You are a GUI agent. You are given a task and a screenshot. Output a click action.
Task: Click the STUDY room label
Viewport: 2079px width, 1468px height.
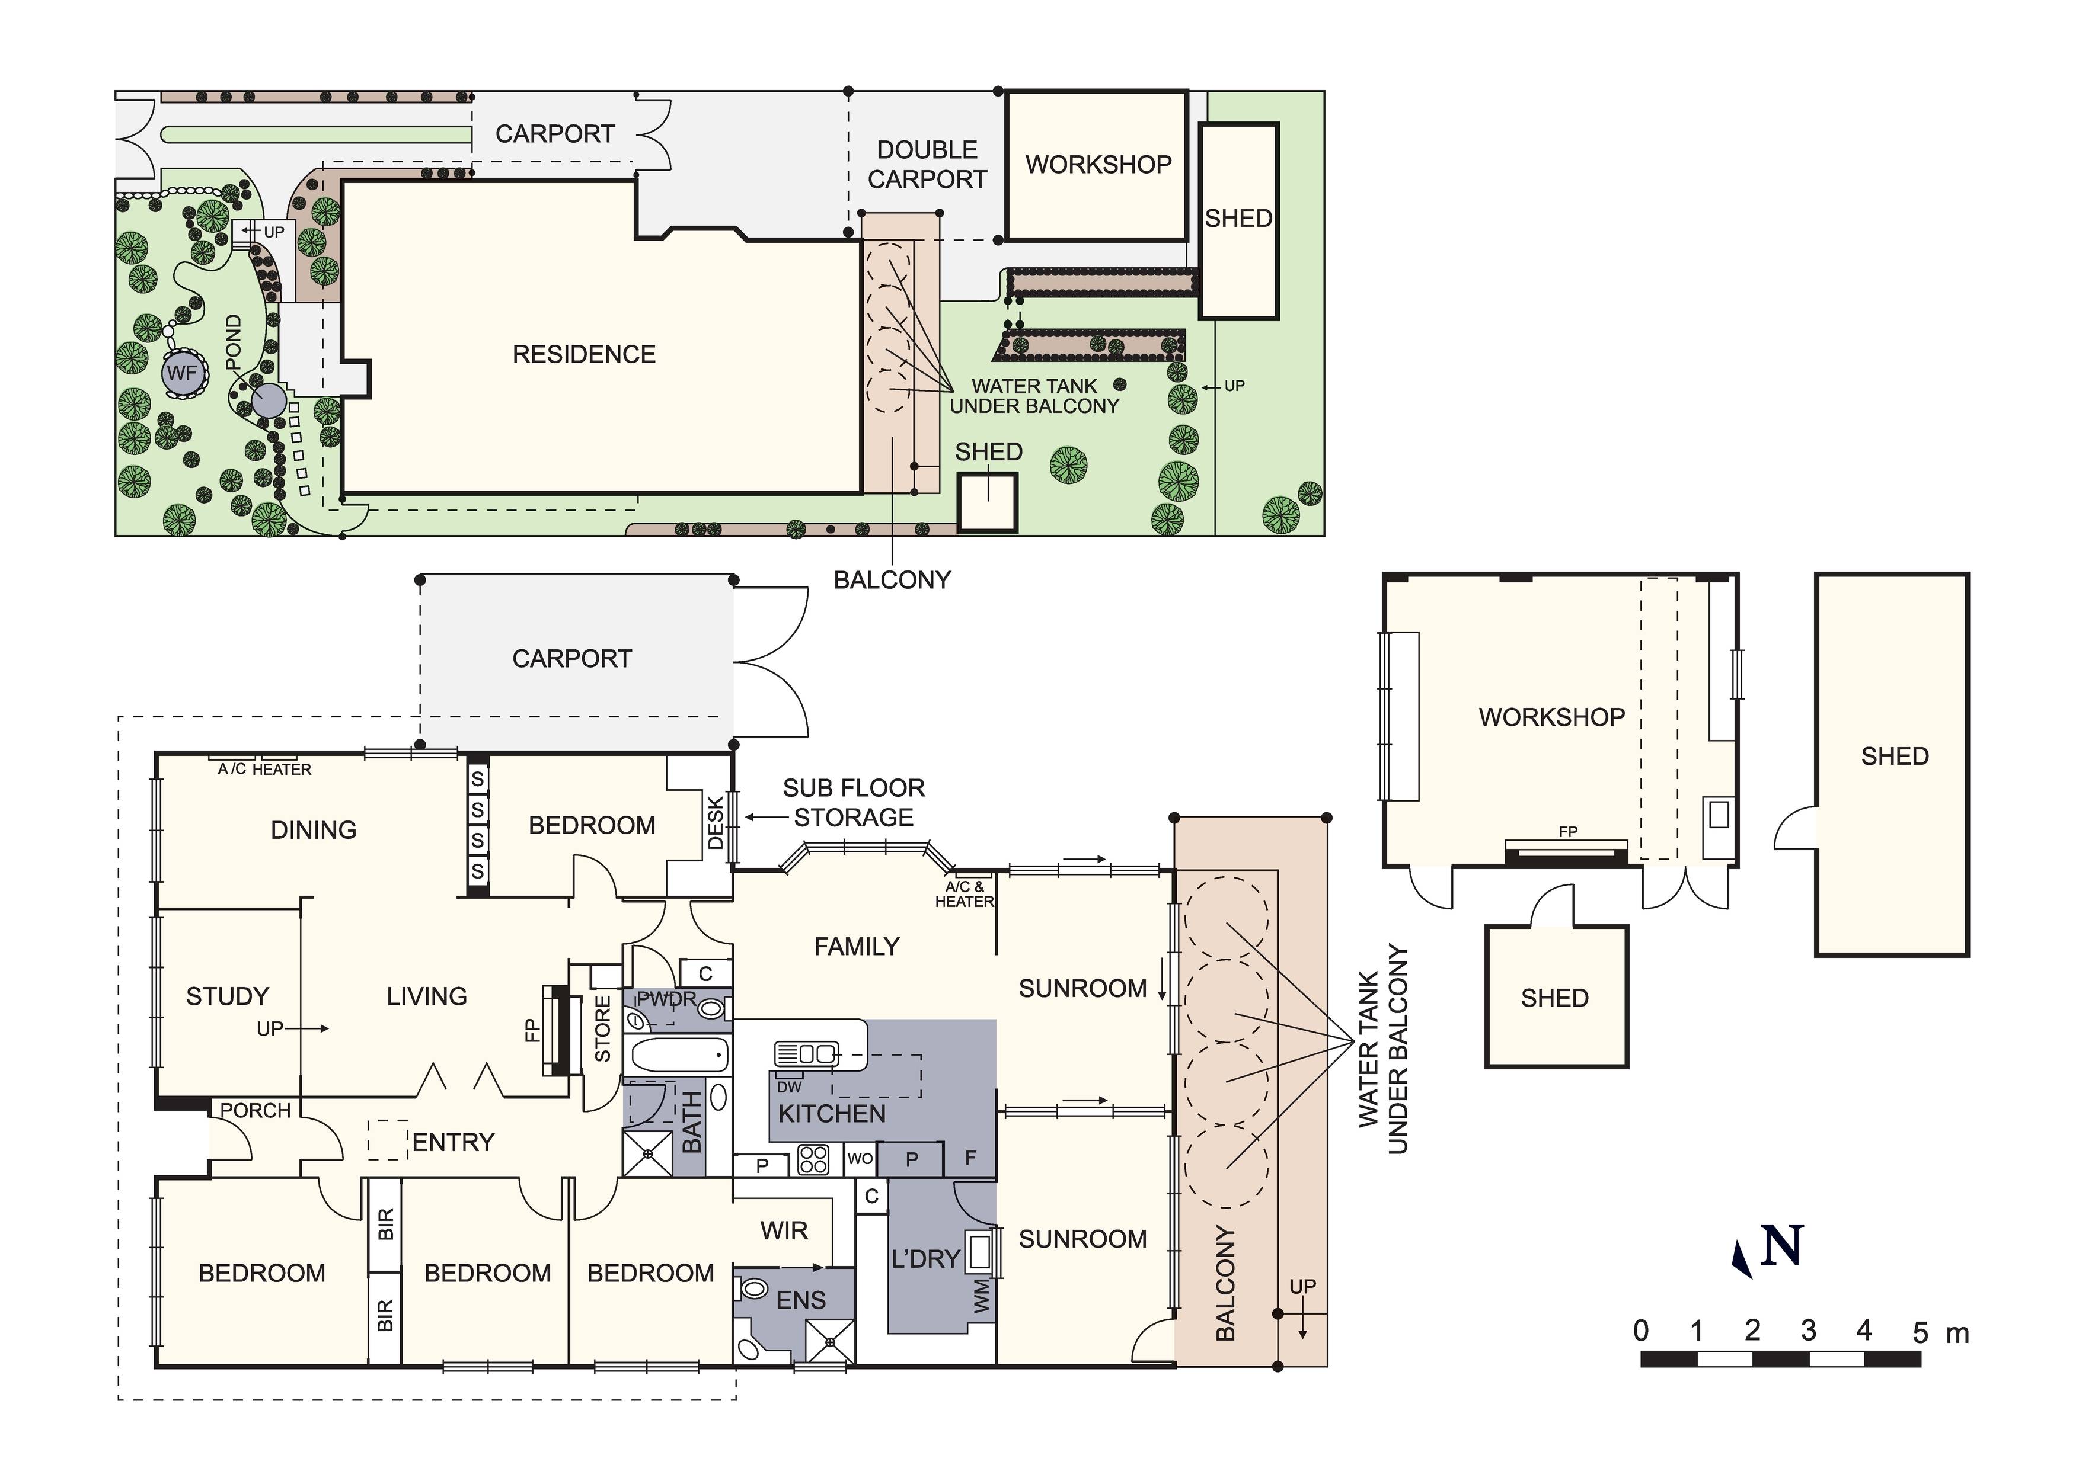click(227, 996)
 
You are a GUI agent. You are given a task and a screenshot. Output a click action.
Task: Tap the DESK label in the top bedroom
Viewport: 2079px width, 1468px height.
click(716, 823)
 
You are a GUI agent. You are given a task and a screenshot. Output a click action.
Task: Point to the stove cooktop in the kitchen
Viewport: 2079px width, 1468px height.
click(813, 1159)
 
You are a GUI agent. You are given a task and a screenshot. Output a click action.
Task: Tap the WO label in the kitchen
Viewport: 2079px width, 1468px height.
click(860, 1159)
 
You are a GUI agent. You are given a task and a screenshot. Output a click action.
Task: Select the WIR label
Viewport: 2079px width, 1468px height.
click(784, 1231)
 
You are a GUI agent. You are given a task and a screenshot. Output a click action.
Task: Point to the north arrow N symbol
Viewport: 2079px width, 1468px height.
click(1780, 1246)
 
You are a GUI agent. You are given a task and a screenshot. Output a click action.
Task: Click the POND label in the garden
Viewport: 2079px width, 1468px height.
click(234, 342)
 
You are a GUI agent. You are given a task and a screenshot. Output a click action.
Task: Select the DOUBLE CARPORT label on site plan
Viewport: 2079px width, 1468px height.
click(927, 165)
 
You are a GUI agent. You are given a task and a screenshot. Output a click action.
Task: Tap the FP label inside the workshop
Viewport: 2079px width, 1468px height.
click(1567, 831)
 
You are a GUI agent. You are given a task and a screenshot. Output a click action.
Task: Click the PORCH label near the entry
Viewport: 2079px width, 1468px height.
click(256, 1111)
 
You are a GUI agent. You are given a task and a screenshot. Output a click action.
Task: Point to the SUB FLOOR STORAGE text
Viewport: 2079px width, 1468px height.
click(853, 803)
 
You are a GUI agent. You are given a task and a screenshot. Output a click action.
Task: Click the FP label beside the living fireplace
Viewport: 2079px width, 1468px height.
click(532, 1031)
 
